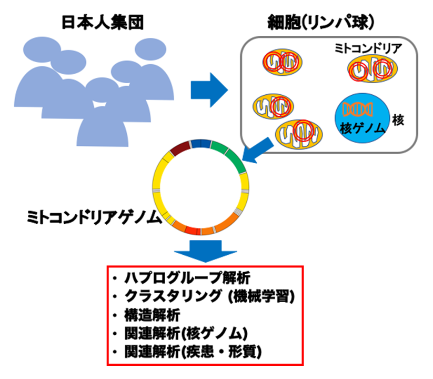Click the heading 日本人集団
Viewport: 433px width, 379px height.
(x=103, y=22)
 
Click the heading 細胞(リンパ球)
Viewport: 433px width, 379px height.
(x=320, y=22)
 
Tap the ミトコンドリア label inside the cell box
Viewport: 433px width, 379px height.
(x=368, y=48)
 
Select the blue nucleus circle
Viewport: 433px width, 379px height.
(x=362, y=118)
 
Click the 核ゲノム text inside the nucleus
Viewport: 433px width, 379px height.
(x=362, y=128)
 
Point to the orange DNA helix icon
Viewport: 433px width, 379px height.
(x=358, y=109)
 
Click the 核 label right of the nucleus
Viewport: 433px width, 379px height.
(x=398, y=120)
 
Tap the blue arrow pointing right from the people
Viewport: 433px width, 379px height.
(x=209, y=90)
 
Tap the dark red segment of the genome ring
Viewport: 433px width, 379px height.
(x=180, y=148)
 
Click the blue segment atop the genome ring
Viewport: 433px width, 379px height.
(x=201, y=144)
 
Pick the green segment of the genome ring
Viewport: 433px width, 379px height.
(x=231, y=156)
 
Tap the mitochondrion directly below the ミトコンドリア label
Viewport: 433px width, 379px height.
(x=372, y=69)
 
